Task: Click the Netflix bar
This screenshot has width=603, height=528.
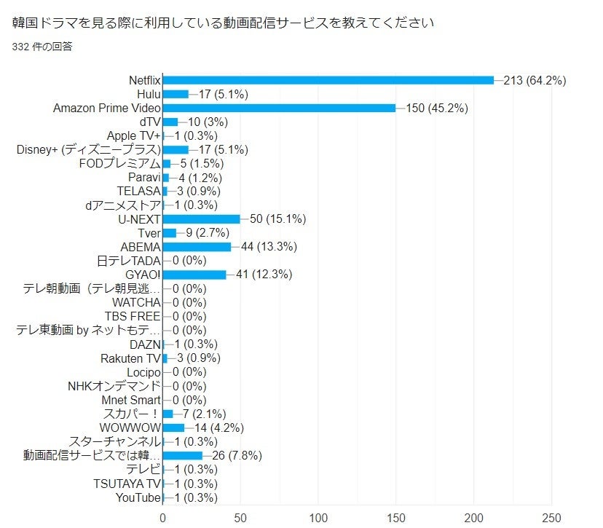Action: (x=328, y=80)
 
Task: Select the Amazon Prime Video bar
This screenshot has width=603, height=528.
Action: (x=279, y=108)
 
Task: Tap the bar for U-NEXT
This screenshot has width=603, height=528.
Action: (x=201, y=219)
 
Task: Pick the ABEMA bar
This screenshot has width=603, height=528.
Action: (x=197, y=247)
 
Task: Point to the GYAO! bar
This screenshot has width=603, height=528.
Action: (x=194, y=275)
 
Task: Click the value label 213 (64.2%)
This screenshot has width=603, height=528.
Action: (x=535, y=80)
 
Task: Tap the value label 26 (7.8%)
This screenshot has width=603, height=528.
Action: (x=235, y=456)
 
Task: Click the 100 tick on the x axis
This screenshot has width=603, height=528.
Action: (x=318, y=518)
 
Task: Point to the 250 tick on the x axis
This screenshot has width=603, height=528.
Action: (x=551, y=518)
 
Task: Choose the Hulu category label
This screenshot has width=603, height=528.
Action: (x=149, y=94)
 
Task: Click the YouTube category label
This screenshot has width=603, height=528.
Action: (x=138, y=497)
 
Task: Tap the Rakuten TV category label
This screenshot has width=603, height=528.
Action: (x=130, y=358)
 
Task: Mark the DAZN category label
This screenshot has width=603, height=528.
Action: (x=145, y=344)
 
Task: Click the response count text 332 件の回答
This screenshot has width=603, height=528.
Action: (x=42, y=47)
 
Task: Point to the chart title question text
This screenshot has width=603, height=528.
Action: (x=224, y=23)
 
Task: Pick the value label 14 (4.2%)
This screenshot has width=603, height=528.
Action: (x=219, y=428)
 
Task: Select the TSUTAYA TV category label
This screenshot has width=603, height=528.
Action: (x=127, y=484)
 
